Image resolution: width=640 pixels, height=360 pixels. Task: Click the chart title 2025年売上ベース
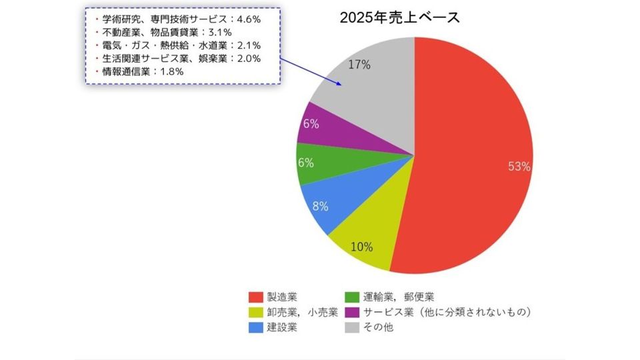coord(399,19)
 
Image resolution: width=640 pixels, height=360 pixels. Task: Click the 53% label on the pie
coord(519,167)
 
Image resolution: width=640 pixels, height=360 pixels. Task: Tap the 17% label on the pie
coord(359,65)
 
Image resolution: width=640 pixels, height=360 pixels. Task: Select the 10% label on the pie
coord(361,247)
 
